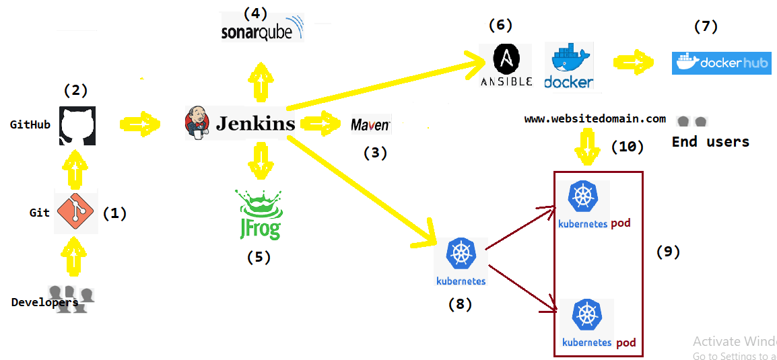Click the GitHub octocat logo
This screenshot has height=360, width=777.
point(77,126)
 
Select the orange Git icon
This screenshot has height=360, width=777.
point(76,213)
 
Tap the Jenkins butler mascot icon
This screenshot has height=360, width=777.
point(195,123)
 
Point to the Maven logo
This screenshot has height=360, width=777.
point(370,124)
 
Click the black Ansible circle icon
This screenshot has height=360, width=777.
point(506,59)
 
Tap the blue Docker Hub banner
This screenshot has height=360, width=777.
point(721,63)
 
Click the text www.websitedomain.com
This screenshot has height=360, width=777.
point(595,119)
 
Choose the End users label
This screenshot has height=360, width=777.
point(710,142)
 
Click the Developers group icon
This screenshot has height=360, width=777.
point(71,299)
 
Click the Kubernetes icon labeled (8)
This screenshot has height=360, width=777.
point(461,262)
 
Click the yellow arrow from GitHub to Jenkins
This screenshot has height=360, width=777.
point(141,123)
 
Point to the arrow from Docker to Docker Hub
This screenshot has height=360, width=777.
point(634,63)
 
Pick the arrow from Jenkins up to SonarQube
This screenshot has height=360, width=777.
point(259,81)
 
